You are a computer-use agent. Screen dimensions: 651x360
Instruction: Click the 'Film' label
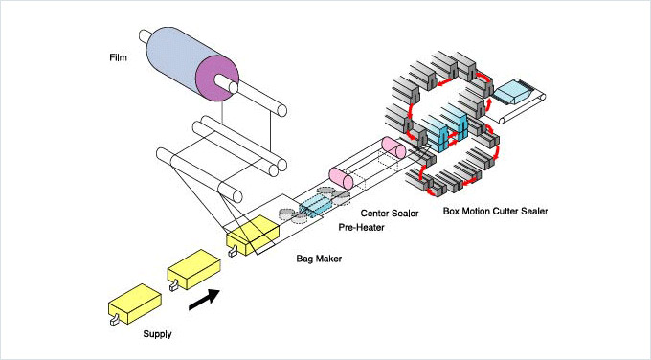pyautogui.click(x=118, y=57)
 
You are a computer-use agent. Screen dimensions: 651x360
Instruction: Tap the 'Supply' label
pyautogui.click(x=157, y=334)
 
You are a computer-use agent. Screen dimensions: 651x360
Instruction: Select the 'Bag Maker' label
pyautogui.click(x=319, y=259)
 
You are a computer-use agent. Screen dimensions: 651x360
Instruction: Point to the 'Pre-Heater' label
pyautogui.click(x=361, y=227)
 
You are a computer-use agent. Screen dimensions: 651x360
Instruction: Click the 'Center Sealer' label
pyautogui.click(x=390, y=213)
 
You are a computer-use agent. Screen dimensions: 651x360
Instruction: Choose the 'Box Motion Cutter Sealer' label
pyautogui.click(x=495, y=211)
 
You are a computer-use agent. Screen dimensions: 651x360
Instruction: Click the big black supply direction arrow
pyautogui.click(x=204, y=300)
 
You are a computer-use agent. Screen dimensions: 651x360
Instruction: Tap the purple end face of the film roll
pyautogui.click(x=217, y=79)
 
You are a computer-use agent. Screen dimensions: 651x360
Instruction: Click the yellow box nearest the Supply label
pyautogui.click(x=135, y=304)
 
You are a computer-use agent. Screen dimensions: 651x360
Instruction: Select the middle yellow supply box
pyautogui.click(x=194, y=269)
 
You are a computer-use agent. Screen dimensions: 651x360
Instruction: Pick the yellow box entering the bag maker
pyautogui.click(x=253, y=235)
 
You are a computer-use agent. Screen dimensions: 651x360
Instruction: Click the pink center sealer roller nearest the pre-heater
pyautogui.click(x=341, y=178)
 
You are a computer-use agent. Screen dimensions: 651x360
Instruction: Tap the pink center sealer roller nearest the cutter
pyautogui.click(x=393, y=147)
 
